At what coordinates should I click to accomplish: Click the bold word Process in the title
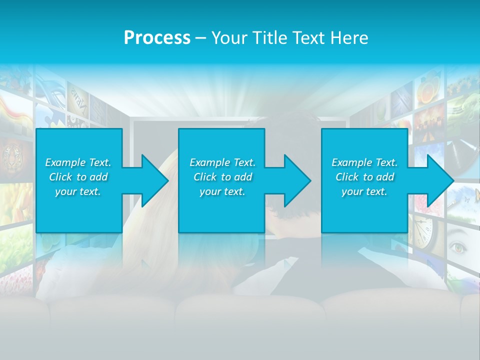point(157,37)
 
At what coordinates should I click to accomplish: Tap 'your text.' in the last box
point(364,191)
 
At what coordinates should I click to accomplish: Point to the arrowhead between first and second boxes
point(155,180)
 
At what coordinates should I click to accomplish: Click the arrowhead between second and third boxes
point(297,180)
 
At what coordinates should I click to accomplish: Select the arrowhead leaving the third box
point(440,180)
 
